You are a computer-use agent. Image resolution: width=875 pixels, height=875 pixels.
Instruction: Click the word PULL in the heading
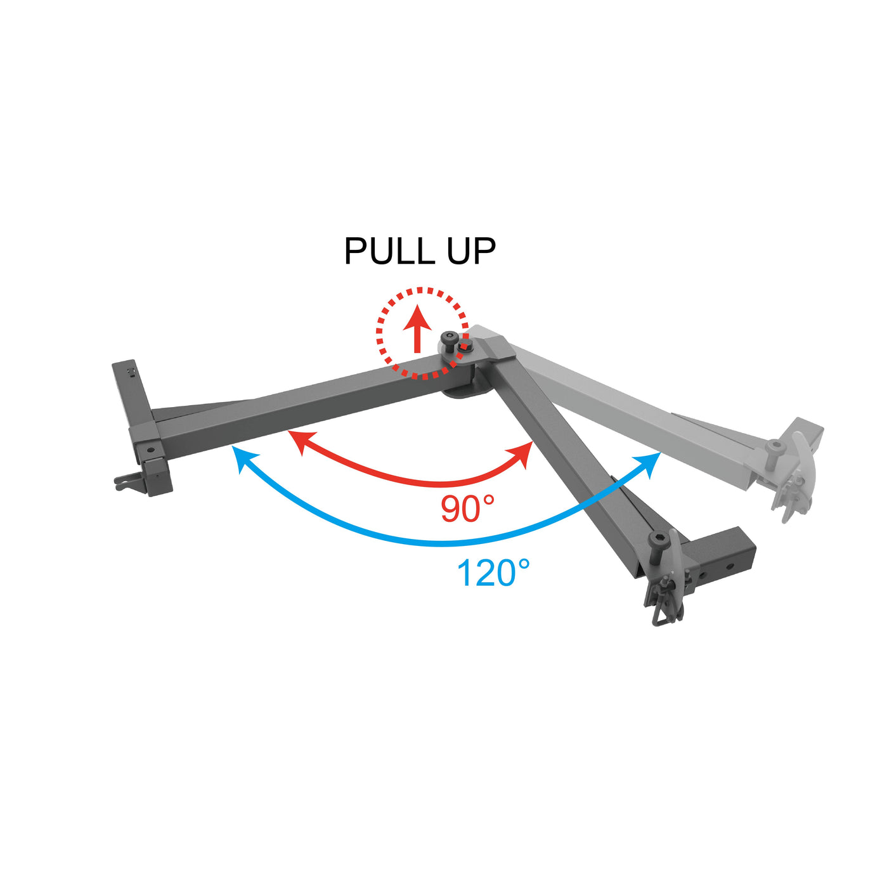pos(390,251)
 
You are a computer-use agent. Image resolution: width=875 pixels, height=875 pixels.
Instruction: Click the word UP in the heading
pos(470,251)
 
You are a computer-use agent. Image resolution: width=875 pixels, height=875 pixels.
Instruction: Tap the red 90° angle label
pos(467,509)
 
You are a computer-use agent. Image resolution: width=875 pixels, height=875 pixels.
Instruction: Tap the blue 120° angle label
pos(493,573)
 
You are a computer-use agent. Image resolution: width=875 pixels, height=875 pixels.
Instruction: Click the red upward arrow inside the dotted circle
pos(417,327)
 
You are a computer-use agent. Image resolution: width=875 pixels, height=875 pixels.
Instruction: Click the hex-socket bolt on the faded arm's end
pos(775,448)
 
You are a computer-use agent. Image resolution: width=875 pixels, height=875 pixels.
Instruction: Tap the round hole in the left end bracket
pos(150,450)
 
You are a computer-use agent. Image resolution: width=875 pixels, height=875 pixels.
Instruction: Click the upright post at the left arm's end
pos(131,394)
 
